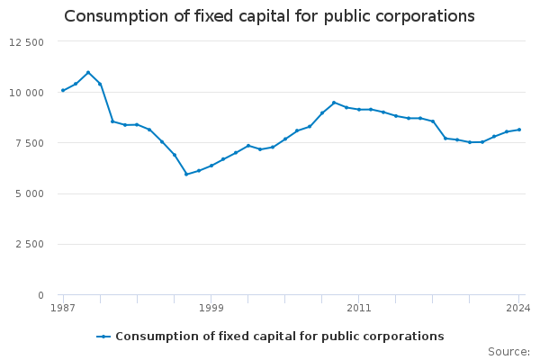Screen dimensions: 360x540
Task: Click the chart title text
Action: (269, 16)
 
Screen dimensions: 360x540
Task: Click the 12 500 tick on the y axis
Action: (27, 42)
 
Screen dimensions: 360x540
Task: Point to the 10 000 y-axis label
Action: (27, 93)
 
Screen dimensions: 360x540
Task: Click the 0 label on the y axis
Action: (40, 295)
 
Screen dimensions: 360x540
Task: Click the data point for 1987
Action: (63, 90)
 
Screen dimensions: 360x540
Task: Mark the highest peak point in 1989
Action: (87, 72)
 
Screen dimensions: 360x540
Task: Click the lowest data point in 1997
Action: (186, 174)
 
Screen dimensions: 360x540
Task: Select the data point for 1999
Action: (211, 166)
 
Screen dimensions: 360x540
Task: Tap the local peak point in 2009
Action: (334, 103)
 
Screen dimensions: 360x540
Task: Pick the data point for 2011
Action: (359, 110)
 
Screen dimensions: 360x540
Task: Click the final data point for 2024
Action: (519, 130)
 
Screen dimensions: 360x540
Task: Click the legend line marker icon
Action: (104, 337)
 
